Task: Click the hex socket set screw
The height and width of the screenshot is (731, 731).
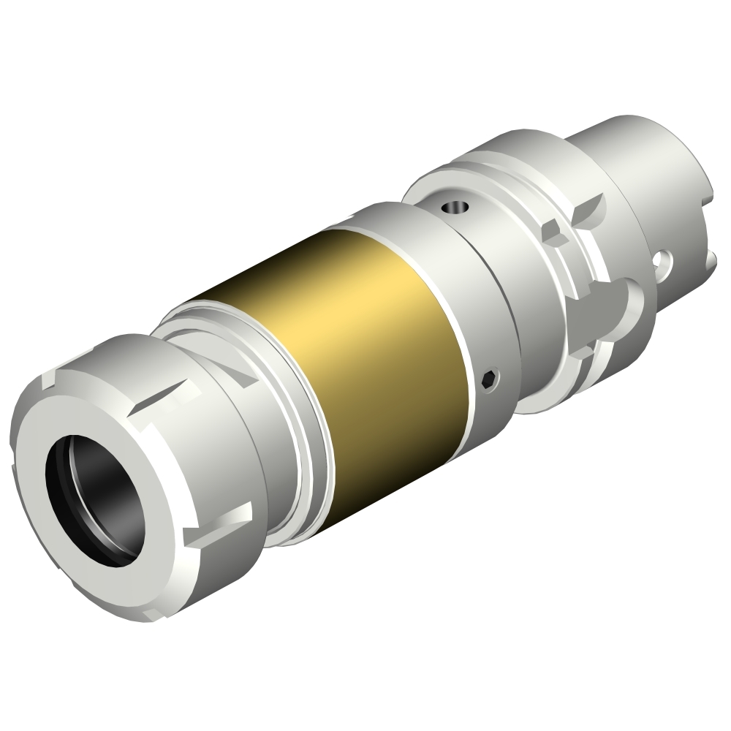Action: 491,378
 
